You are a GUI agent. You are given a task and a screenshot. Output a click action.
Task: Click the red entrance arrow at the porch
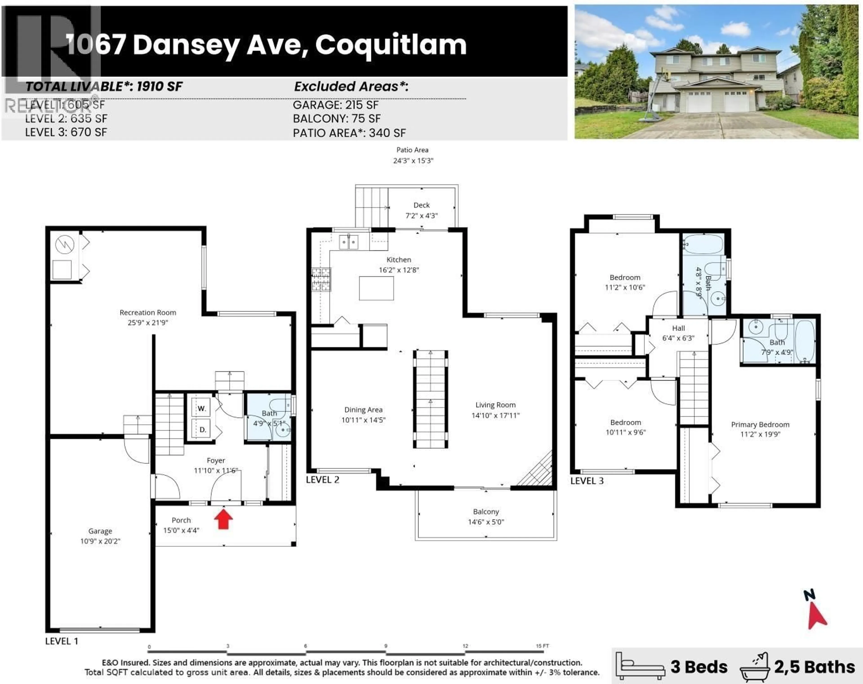pos(223,519)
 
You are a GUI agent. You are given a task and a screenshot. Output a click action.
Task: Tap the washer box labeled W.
pos(202,408)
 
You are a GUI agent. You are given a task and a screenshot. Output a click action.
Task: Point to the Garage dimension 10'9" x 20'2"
pos(100,541)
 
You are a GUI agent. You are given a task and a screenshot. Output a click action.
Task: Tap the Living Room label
pos(495,405)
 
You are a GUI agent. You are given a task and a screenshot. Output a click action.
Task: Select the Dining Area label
pos(363,410)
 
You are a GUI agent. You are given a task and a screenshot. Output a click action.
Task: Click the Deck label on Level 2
pos(421,205)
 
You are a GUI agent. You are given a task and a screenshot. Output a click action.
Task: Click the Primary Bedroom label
pos(760,424)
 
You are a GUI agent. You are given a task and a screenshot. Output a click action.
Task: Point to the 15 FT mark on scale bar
pos(542,646)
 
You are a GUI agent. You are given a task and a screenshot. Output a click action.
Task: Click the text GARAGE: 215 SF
pos(336,105)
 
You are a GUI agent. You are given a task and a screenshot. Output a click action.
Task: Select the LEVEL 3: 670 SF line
pos(66,132)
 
